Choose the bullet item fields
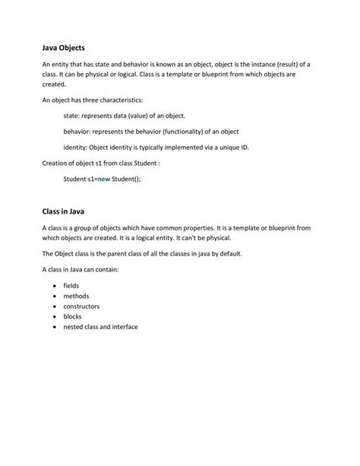coord(71,285)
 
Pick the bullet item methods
coord(76,295)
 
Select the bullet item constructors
coord(81,306)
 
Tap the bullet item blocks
coord(72,316)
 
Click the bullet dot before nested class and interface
coord(55,327)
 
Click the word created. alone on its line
coord(54,84)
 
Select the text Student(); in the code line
coord(126,179)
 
